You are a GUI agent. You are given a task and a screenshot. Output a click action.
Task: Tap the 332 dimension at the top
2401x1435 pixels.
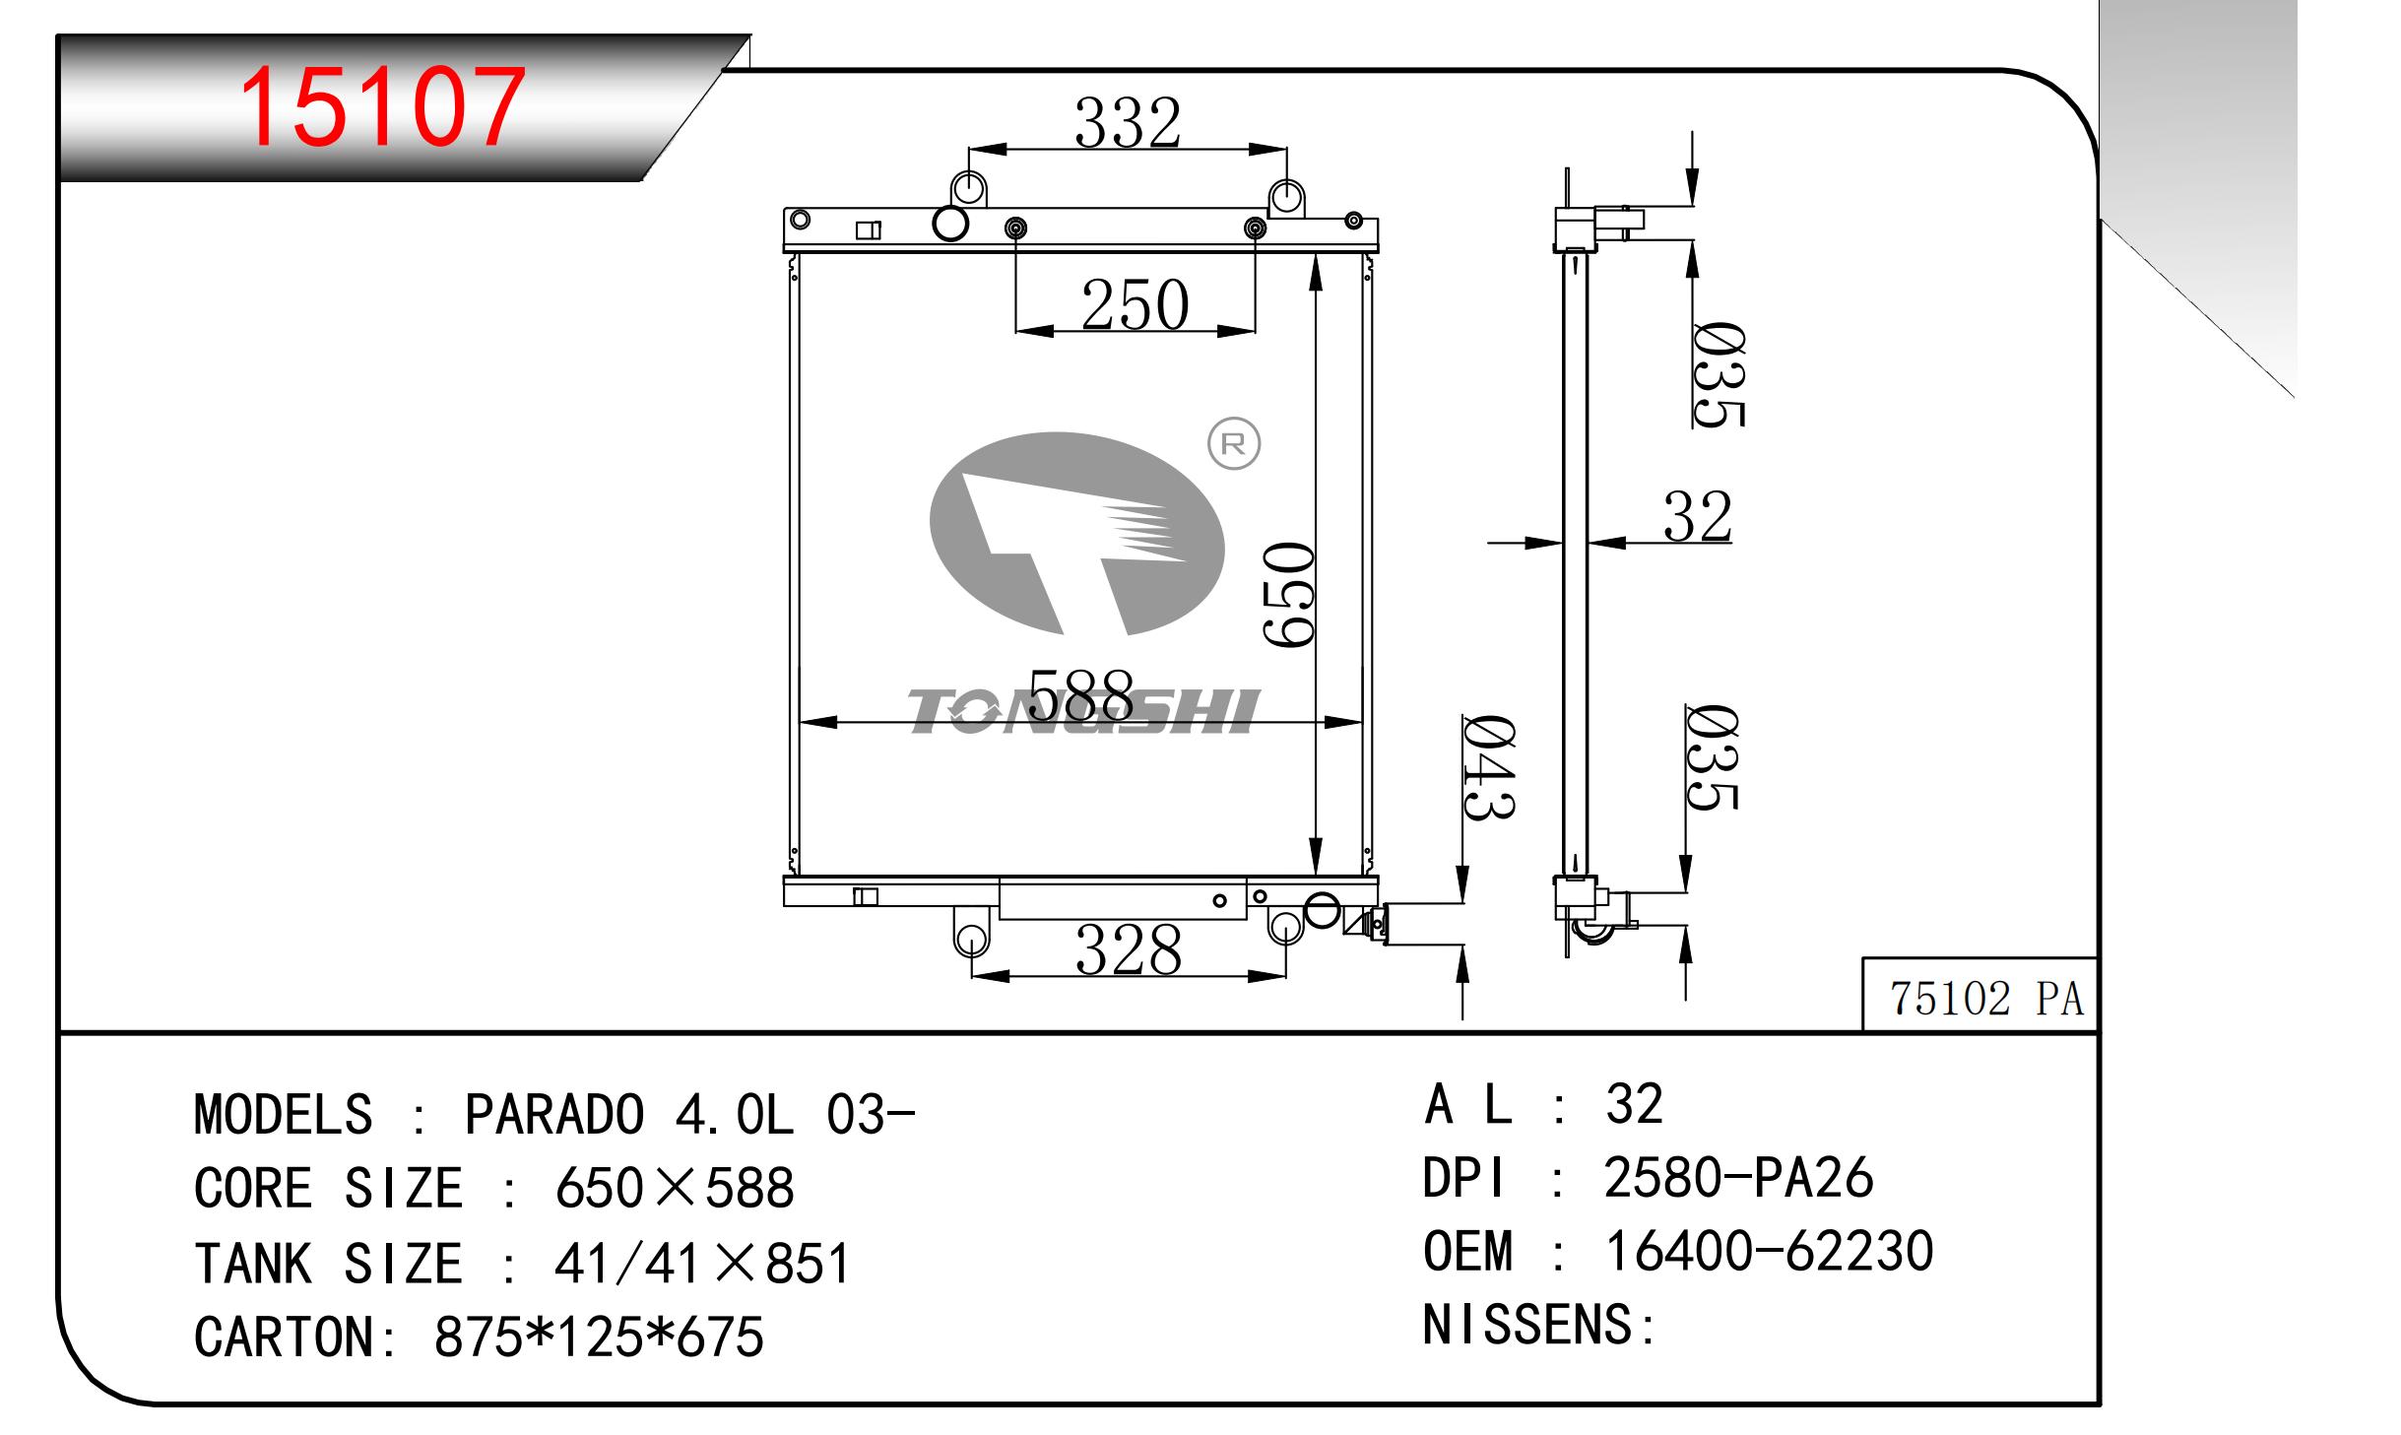(x=1128, y=123)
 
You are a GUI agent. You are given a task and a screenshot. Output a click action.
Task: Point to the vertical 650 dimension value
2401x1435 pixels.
(x=1289, y=594)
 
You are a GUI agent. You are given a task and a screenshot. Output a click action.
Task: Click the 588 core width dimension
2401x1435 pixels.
(x=1080, y=694)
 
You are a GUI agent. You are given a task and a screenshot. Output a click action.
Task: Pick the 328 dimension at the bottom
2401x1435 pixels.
(x=1129, y=950)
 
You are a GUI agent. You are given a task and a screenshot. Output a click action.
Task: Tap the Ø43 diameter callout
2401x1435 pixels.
(x=1488, y=767)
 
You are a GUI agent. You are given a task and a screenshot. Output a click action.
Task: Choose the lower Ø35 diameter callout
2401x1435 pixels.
(x=1713, y=756)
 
